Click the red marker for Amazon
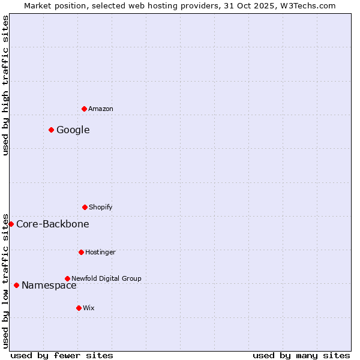click(84, 109)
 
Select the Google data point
click(51, 130)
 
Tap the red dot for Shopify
click(85, 207)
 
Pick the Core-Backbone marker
click(11, 224)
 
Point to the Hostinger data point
click(81, 252)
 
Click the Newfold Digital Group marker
click(67, 278)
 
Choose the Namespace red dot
click(16, 285)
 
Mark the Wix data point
click(79, 308)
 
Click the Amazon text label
click(101, 109)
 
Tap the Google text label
click(73, 130)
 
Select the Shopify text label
click(101, 207)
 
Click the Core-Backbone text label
click(53, 224)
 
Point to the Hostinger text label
click(100, 252)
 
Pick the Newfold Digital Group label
click(106, 278)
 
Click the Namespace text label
click(49, 285)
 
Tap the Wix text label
click(89, 308)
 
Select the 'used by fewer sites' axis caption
click(62, 356)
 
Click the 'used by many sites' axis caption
click(301, 356)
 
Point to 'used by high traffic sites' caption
click(5, 85)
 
